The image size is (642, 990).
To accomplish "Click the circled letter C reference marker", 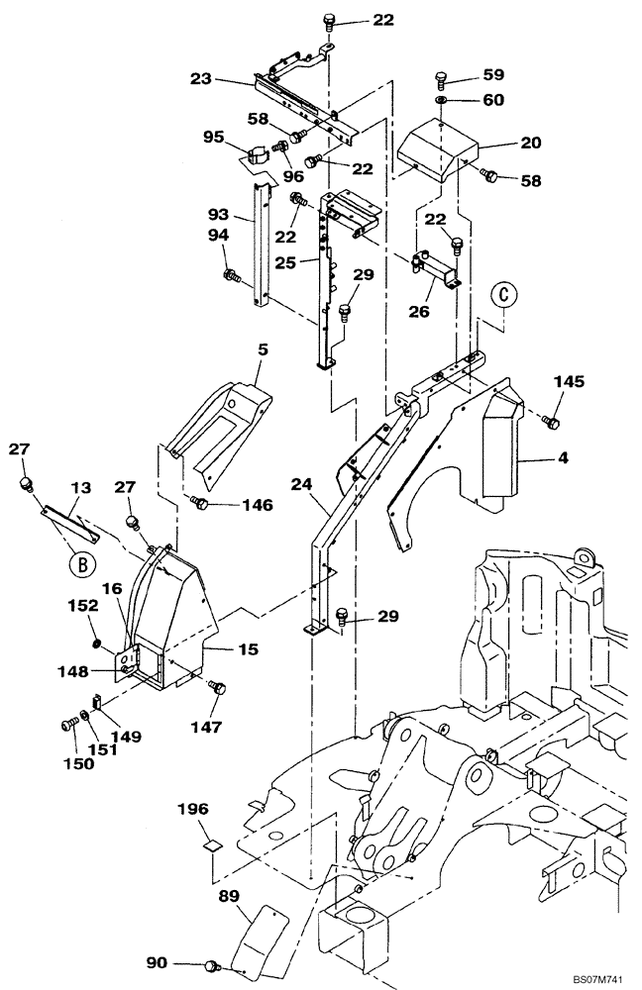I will click(505, 295).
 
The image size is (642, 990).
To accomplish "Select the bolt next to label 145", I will click(553, 422).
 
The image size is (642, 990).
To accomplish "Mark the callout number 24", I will click(302, 484).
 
